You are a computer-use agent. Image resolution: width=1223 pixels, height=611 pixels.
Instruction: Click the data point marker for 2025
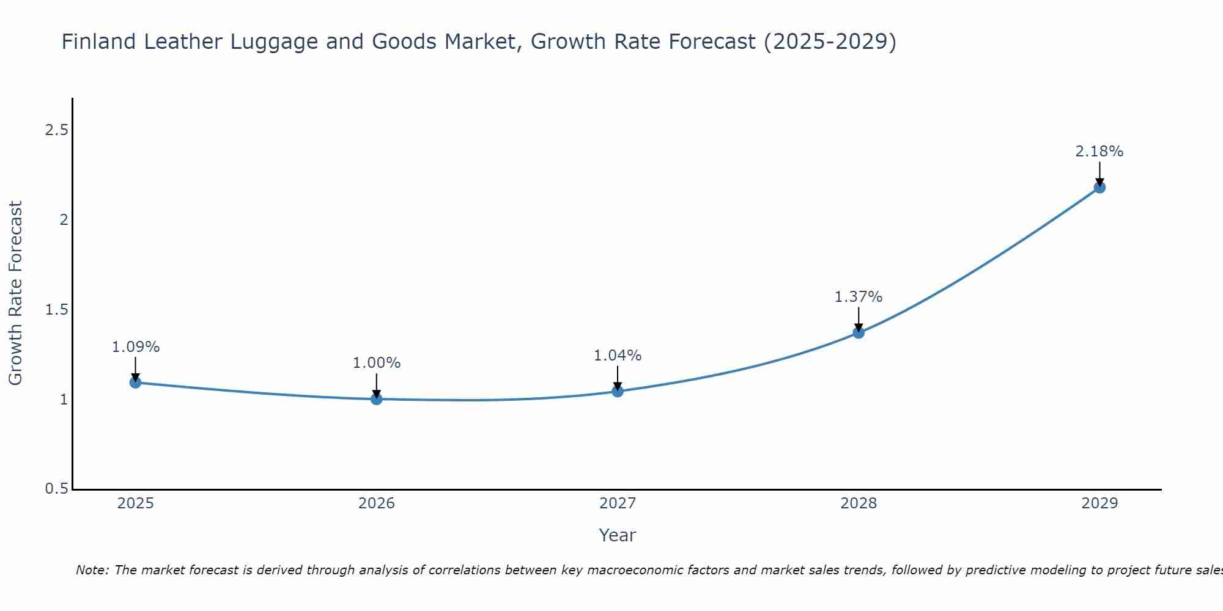135,382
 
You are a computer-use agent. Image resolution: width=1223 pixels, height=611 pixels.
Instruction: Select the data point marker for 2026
376,399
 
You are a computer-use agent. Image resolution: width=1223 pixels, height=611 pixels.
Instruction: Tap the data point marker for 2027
618,391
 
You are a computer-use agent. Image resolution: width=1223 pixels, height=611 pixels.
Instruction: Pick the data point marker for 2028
859,332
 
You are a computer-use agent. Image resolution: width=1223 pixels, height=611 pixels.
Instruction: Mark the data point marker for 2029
1099,187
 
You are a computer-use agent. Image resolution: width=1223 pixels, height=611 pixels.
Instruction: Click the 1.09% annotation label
136,347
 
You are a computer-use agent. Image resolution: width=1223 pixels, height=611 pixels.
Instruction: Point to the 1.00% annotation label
377,363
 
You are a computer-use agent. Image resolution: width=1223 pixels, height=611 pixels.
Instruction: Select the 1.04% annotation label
618,356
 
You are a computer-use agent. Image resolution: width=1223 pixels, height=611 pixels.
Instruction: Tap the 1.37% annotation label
859,297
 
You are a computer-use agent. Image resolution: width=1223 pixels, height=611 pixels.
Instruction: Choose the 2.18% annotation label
1099,152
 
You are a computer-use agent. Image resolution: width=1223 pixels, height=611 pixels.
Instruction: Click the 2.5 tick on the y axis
56,130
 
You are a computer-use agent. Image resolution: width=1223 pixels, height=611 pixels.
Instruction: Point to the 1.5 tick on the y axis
56,310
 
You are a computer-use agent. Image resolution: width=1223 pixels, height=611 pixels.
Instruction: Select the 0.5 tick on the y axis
56,489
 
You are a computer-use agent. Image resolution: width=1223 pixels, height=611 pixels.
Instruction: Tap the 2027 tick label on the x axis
618,503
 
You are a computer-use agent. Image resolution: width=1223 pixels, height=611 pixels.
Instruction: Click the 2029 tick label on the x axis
1099,503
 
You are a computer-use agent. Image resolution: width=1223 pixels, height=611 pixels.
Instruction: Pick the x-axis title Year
618,535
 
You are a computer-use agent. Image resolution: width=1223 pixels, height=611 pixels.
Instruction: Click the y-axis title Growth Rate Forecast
16,293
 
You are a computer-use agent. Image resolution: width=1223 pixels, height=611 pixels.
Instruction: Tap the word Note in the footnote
92,570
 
